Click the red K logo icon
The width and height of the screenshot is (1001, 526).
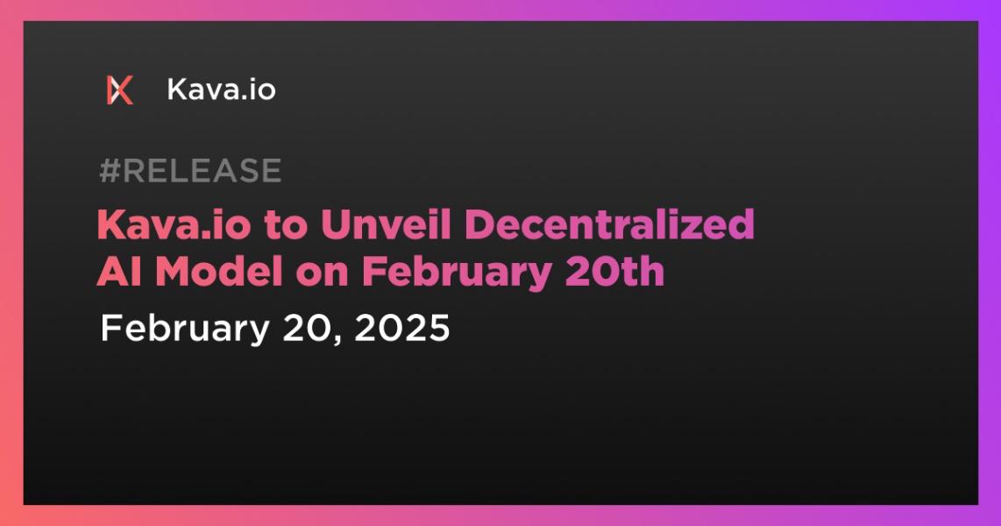120,90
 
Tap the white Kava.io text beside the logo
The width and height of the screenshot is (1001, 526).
222,89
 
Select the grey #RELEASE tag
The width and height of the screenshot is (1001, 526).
190,170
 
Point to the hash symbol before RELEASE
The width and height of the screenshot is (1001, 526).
110,170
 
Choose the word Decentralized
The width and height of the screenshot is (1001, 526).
610,224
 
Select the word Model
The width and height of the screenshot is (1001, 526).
219,271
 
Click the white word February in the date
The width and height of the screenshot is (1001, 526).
184,330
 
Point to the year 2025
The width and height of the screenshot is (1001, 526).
402,328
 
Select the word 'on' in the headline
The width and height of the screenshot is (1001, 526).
323,275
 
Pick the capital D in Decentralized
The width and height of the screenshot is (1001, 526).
480,224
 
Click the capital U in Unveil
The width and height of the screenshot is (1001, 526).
335,224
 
